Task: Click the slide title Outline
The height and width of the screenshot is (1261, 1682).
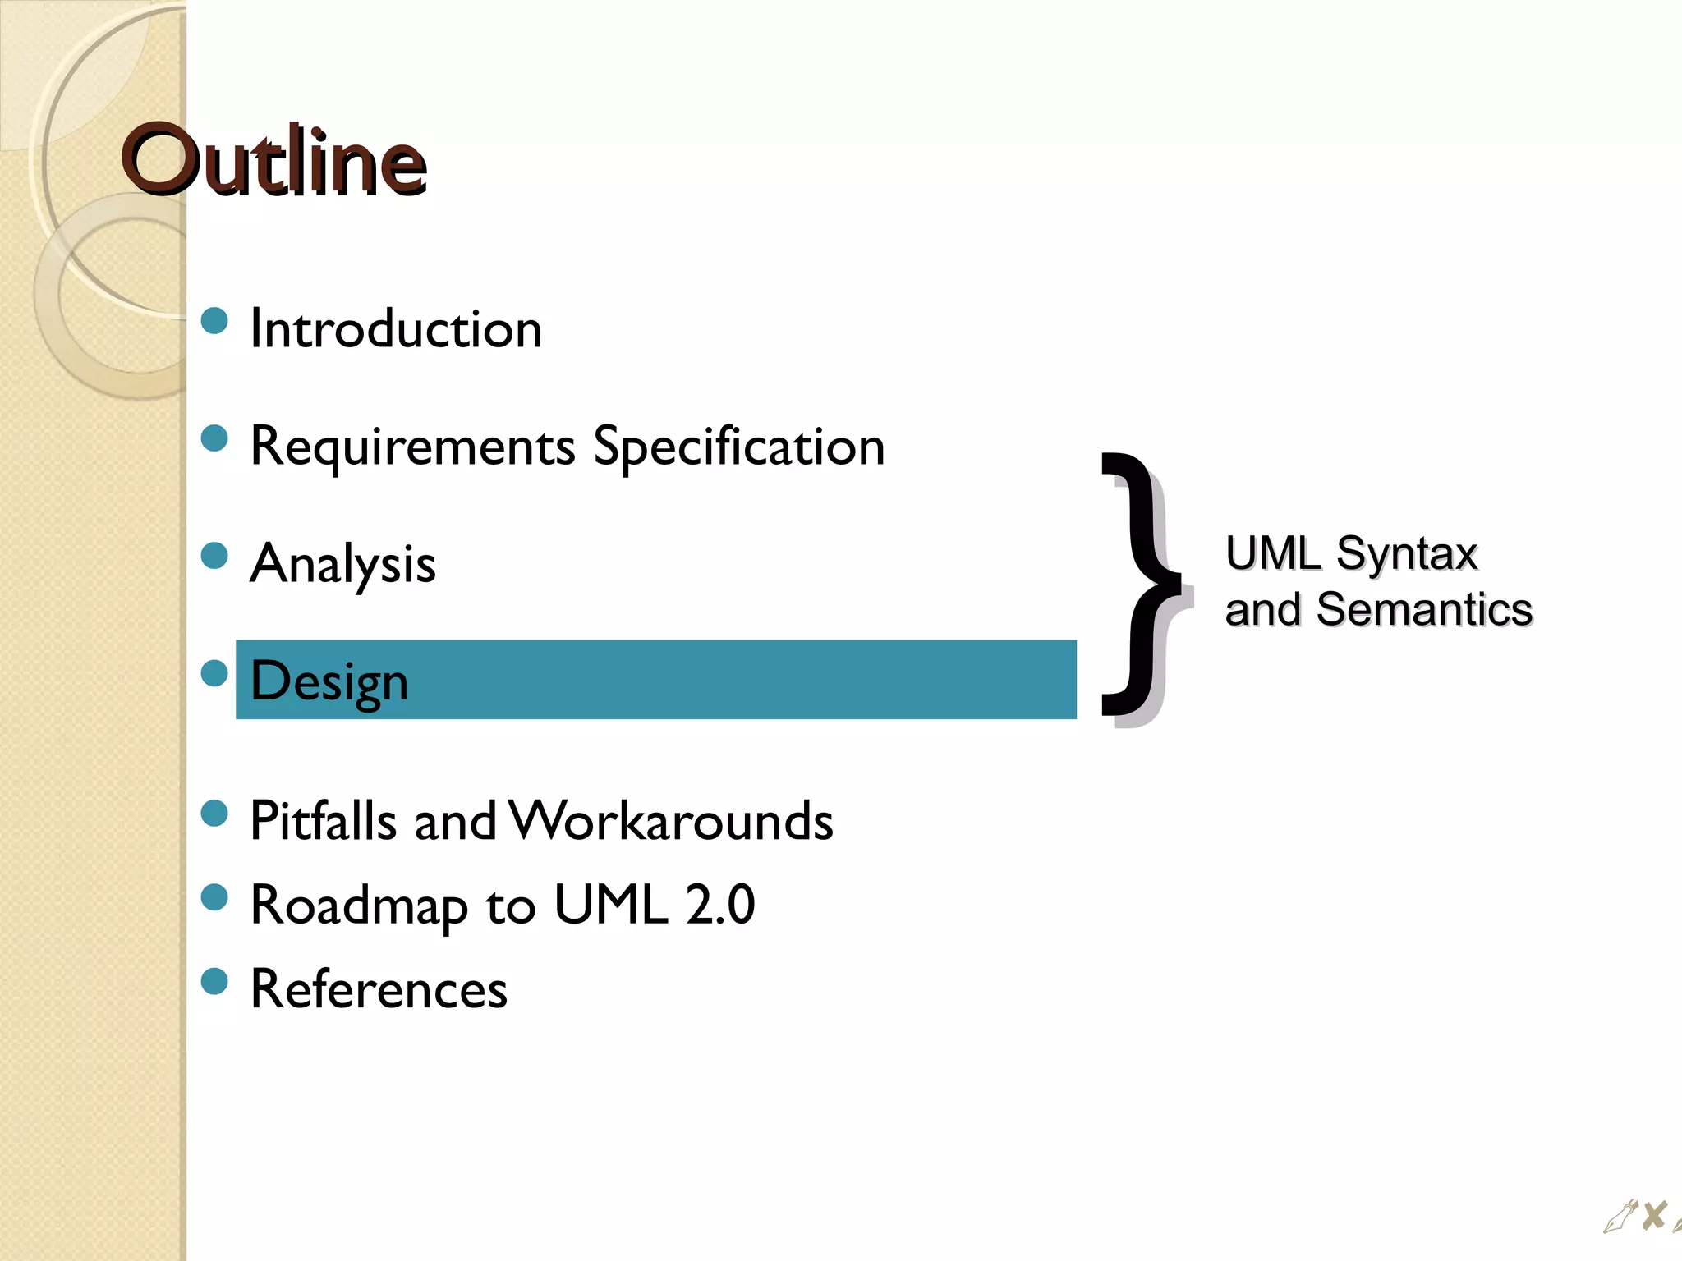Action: tap(273, 160)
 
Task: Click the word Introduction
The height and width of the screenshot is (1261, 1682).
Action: tap(396, 329)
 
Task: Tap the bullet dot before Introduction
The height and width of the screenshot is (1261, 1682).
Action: tap(214, 321)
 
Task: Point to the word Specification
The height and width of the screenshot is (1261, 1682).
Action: tap(738, 447)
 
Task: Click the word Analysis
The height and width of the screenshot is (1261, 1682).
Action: tap(342, 565)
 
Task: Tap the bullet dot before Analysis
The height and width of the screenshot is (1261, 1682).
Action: tap(214, 556)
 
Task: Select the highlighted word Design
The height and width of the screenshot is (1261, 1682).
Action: tap(329, 681)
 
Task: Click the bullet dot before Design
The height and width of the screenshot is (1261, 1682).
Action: tap(214, 673)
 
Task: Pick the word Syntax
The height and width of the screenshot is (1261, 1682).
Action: tap(1406, 553)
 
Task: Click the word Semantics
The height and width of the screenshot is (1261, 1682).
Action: tap(1424, 610)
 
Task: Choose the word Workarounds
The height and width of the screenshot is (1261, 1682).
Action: tap(670, 820)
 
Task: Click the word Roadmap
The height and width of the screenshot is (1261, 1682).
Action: tap(358, 906)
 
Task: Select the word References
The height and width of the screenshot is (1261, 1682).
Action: tap(379, 989)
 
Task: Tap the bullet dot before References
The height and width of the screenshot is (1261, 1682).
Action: tap(214, 981)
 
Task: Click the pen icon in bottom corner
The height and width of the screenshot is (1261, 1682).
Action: tap(1620, 1217)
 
